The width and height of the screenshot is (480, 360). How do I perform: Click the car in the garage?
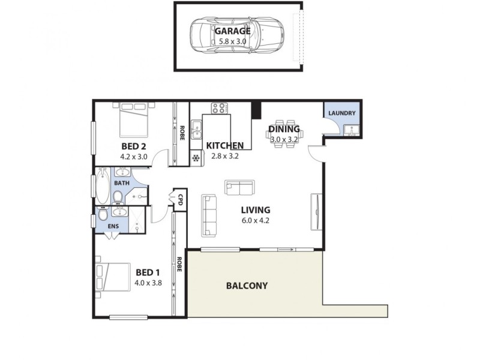238,37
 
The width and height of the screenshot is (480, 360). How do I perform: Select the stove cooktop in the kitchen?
219,109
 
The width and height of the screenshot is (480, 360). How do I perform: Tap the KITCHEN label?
224,146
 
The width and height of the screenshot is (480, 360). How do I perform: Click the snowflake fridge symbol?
196,158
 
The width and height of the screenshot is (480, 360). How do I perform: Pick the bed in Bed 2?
134,121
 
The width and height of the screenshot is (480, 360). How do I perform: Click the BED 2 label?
134,146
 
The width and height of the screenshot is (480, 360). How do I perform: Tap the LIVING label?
256,210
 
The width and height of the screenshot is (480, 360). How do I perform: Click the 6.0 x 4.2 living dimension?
256,220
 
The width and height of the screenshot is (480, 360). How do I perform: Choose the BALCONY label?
247,286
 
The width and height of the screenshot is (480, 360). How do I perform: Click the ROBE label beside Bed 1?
179,265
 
